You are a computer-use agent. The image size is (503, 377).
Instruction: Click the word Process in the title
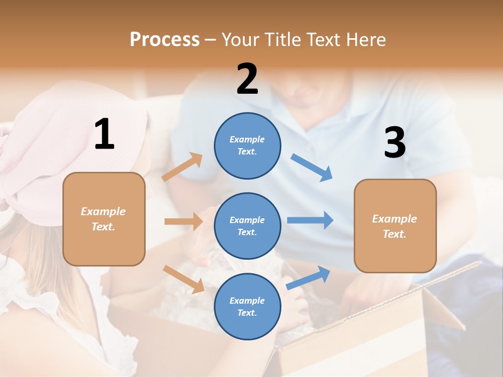coord(165,40)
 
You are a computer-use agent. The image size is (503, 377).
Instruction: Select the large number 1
coord(104,134)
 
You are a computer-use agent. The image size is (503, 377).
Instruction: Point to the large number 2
coord(247,79)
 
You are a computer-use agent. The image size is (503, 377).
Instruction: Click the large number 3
coord(395,143)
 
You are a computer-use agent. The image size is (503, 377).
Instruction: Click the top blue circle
coord(247,146)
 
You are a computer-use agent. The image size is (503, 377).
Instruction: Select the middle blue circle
coord(247,226)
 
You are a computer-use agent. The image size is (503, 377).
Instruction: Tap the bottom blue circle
coord(247,306)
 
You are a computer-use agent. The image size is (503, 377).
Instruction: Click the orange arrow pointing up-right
coord(182,167)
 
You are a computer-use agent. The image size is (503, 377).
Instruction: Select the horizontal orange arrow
coord(183,221)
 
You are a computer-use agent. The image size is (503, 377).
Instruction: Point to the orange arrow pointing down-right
coord(183,279)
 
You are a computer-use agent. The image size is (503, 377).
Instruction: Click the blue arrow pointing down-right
coord(312,168)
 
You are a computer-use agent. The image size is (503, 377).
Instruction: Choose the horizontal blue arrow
coord(310,220)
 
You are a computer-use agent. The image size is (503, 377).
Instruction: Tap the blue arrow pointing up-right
coord(308,278)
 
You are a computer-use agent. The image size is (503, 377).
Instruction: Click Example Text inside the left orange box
coord(103,219)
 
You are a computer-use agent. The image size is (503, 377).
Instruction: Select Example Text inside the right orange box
coord(395,226)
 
